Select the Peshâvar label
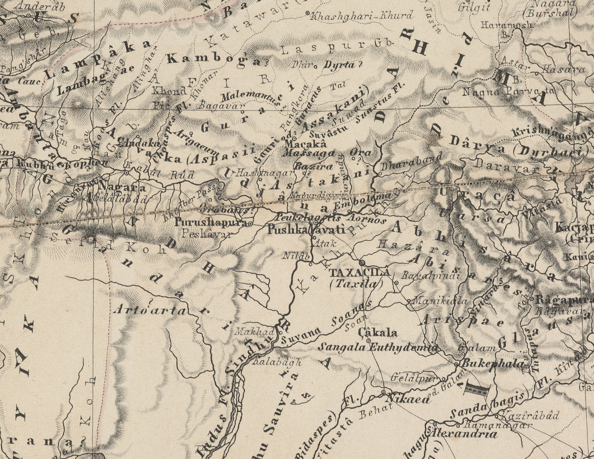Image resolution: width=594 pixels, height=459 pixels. click(207, 234)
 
